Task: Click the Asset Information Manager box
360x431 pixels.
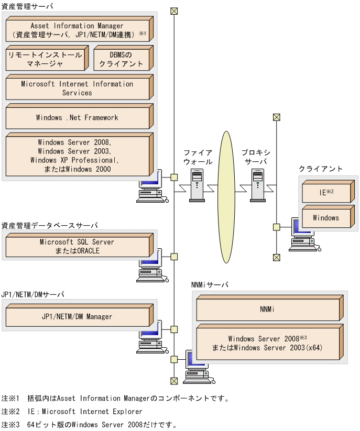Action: click(77, 30)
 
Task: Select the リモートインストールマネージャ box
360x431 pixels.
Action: click(45, 59)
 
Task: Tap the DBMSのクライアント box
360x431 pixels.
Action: click(121, 59)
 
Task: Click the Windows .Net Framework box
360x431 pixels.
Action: click(77, 118)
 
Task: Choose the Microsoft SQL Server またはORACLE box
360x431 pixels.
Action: click(77, 247)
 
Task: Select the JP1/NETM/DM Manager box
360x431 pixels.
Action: click(77, 317)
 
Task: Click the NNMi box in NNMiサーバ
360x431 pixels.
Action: click(267, 310)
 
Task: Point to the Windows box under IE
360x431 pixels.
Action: click(326, 218)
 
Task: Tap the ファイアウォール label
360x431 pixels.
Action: click(198, 157)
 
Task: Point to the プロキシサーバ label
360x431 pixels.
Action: click(256, 157)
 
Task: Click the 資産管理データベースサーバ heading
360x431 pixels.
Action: click(50, 225)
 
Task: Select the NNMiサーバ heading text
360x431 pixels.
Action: click(210, 285)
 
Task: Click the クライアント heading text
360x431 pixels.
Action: click(321, 169)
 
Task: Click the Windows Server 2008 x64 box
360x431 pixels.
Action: click(267, 343)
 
